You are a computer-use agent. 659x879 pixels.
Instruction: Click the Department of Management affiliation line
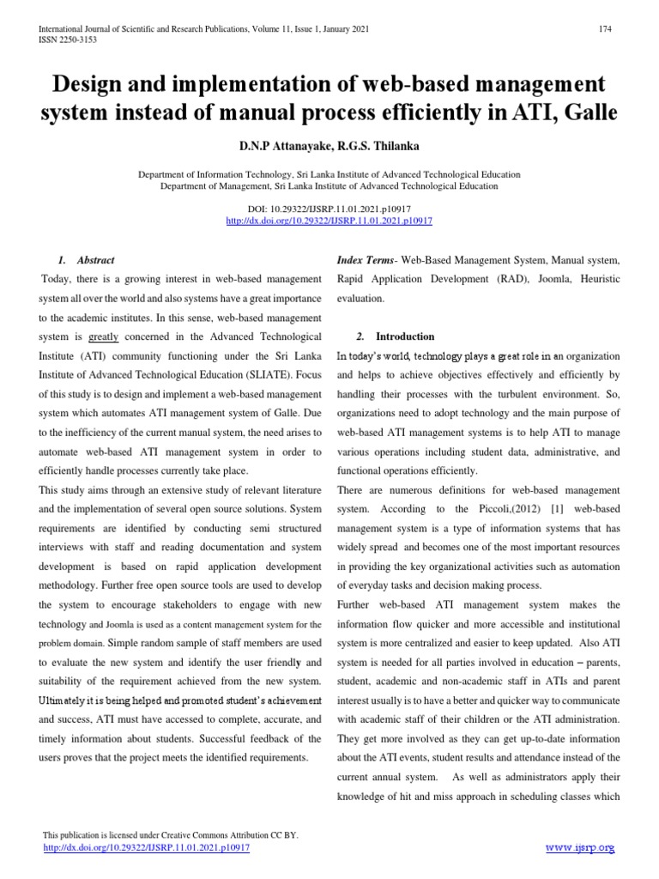pos(329,185)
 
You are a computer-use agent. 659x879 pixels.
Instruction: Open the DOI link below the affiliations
pos(329,221)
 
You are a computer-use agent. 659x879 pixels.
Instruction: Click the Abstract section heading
pos(95,260)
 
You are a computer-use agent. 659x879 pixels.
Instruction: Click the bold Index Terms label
pos(361,260)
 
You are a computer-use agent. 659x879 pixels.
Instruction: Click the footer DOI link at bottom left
pos(146,847)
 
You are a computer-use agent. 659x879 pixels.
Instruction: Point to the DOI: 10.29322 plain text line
pos(329,209)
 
